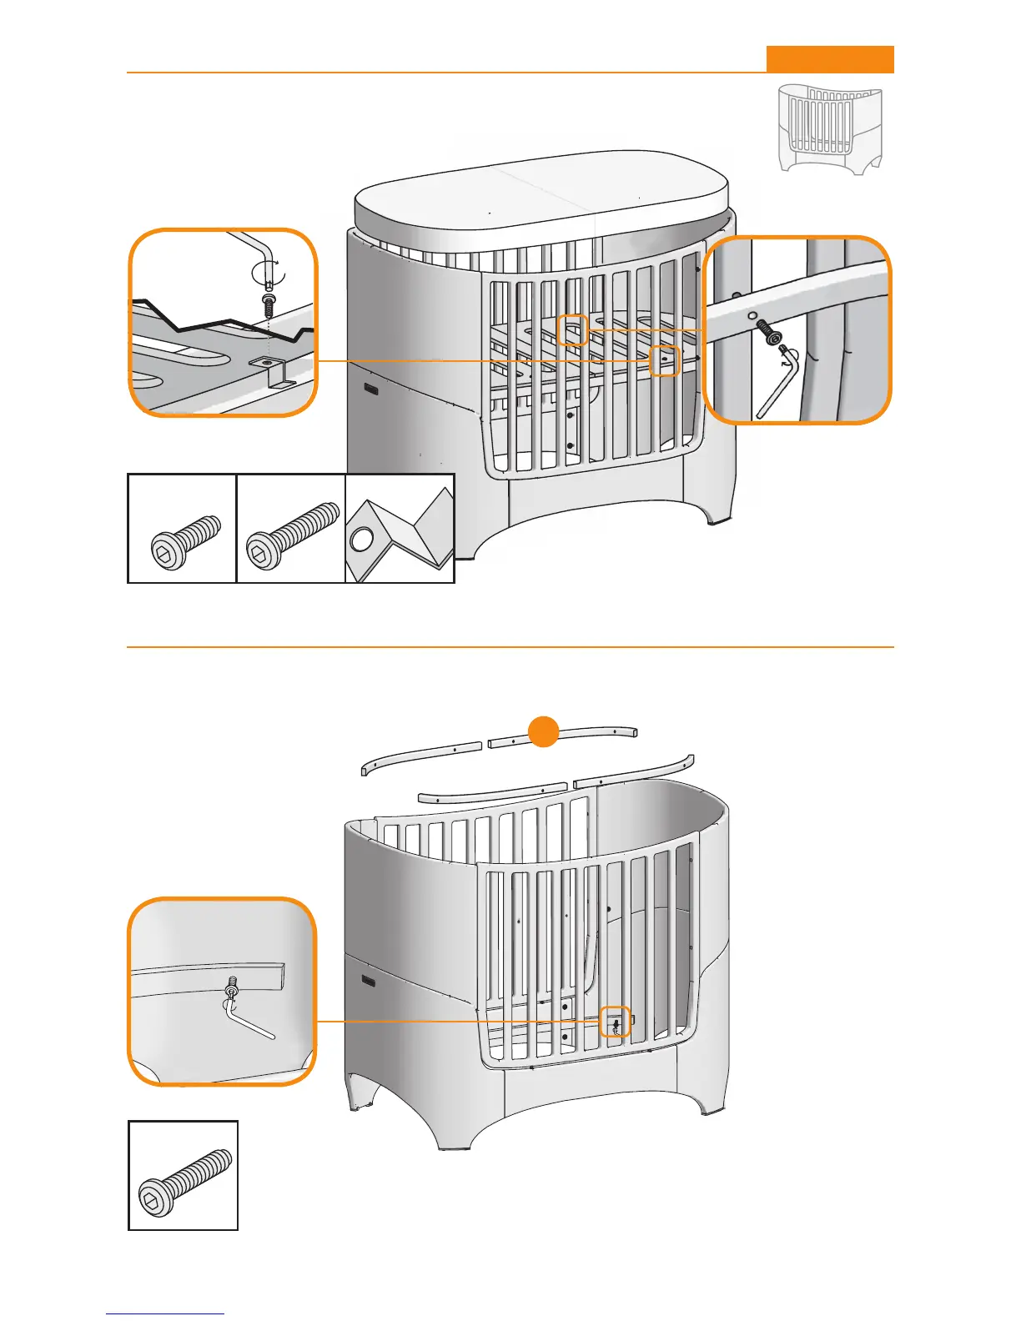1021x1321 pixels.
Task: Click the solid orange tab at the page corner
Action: click(x=830, y=59)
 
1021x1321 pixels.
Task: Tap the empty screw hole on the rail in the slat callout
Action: click(x=752, y=315)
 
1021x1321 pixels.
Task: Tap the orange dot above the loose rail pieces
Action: click(x=544, y=731)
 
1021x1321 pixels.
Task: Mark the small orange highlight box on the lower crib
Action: click(x=615, y=1022)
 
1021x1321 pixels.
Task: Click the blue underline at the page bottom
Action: click(x=165, y=1314)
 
